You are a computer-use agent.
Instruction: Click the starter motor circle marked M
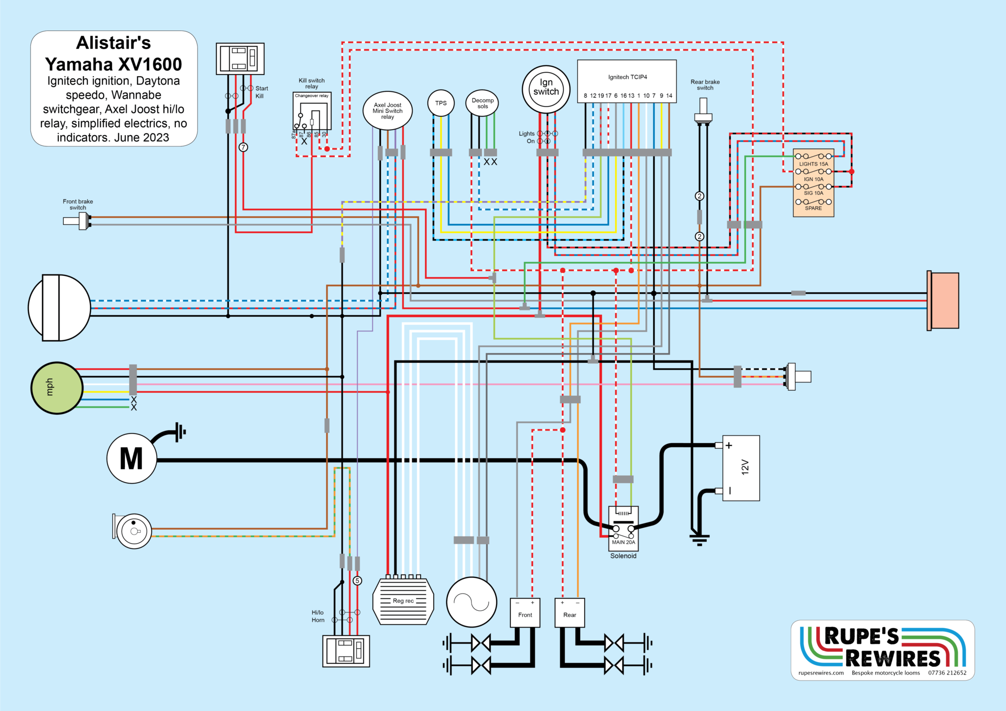tap(132, 459)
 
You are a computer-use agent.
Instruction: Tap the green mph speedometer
tap(56, 388)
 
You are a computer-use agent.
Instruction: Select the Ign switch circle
tap(546, 89)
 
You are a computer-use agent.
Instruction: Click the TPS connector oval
tap(441, 103)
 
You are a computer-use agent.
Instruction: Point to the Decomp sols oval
tap(482, 103)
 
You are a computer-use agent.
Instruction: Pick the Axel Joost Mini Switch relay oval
tap(387, 111)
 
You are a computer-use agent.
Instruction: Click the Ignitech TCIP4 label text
tap(627, 77)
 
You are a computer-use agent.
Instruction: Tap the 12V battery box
tap(741, 467)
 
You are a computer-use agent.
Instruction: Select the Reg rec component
tap(403, 601)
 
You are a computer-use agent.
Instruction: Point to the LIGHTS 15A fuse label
tap(813, 164)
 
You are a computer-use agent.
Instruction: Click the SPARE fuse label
tap(813, 208)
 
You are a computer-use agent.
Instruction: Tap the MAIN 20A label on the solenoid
tap(623, 542)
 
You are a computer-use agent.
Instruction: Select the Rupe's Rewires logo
tap(882, 649)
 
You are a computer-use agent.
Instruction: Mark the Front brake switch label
tap(78, 204)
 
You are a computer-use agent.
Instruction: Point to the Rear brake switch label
tap(705, 85)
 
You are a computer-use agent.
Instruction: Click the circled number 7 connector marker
tap(243, 147)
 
